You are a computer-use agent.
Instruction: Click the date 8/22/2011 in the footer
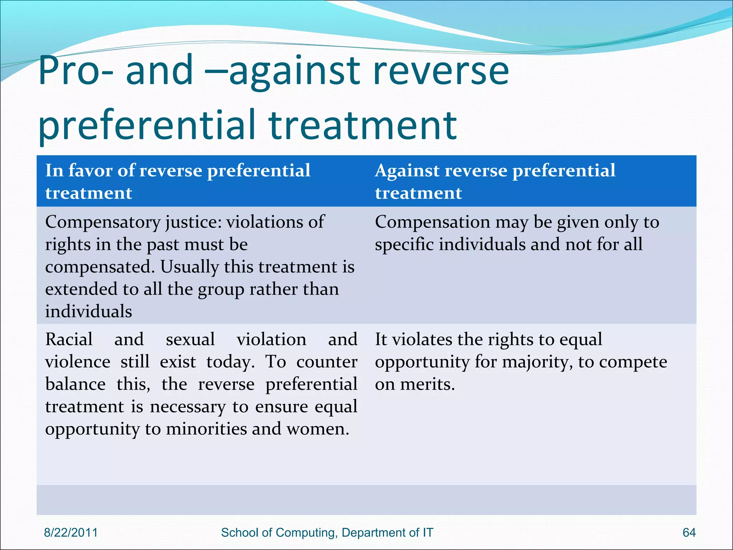pos(71,532)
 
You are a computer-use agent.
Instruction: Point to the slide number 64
pos(689,532)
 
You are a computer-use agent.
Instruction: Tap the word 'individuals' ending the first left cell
pos(89,311)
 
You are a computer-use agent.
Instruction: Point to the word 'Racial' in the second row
pos(69,339)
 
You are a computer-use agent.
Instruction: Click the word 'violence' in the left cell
pos(78,362)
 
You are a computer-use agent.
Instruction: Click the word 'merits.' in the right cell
pos(427,385)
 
